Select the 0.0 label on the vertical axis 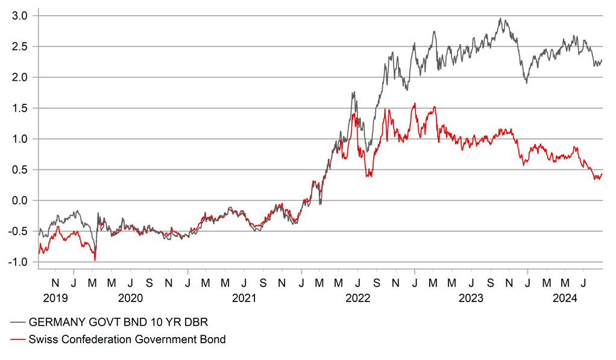pos(19,200)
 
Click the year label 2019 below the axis pos(55,298)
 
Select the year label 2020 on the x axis pos(130,298)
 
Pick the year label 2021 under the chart pos(244,298)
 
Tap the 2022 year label pos(358,298)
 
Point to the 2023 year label pos(471,298)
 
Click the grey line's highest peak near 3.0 pos(500,19)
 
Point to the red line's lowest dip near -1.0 pos(95,260)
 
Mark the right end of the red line pos(602,174)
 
